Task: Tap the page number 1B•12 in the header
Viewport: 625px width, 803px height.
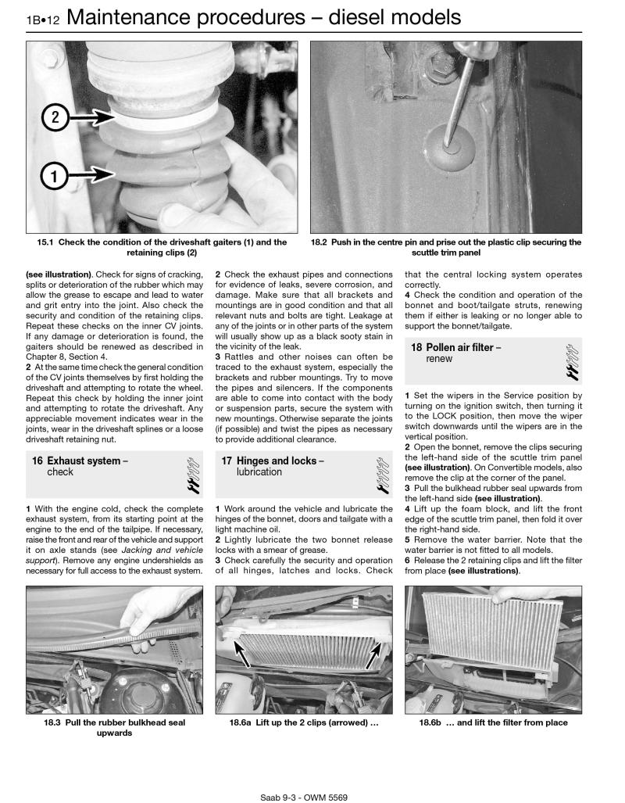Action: point(46,18)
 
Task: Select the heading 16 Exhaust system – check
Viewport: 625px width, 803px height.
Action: point(80,466)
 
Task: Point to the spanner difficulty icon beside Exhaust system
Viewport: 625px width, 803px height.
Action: point(194,473)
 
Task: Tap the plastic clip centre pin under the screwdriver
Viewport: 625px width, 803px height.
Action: point(452,142)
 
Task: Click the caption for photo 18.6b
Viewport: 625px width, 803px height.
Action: point(493,722)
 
